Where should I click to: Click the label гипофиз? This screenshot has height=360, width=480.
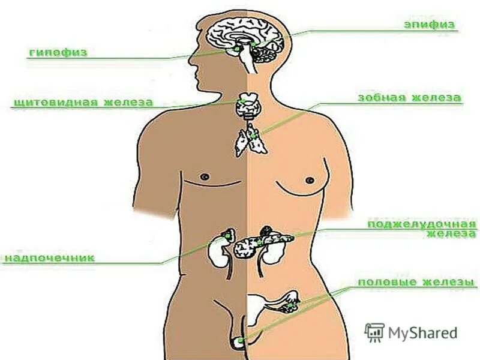[x=58, y=53]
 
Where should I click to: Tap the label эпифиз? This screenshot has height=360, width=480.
[x=430, y=25]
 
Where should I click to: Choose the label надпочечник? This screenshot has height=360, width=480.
[x=50, y=258]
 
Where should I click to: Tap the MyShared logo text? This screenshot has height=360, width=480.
[x=422, y=332]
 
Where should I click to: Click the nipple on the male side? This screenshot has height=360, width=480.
[x=205, y=176]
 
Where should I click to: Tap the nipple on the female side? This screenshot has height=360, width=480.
[x=310, y=179]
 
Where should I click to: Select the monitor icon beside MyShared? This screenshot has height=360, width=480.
[x=374, y=332]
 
